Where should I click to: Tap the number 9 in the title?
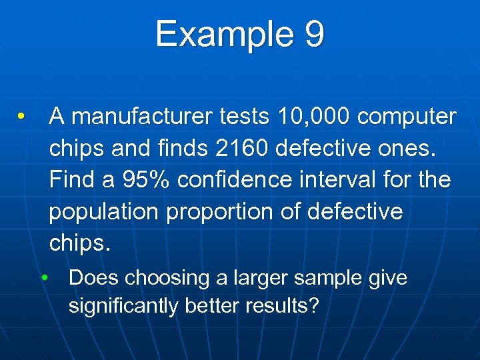pos(313,35)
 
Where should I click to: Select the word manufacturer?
pos(140,117)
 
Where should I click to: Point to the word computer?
pos(407,117)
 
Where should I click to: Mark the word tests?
pos(241,117)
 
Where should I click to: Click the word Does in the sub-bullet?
pos(89,277)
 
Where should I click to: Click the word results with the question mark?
pos(283,307)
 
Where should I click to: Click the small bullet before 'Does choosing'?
pos(44,278)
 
